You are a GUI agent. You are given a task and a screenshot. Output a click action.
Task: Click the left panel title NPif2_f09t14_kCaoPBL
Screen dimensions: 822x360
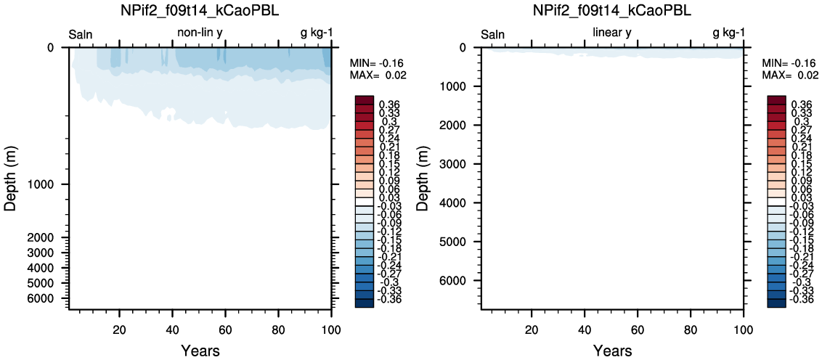pyautogui.click(x=200, y=11)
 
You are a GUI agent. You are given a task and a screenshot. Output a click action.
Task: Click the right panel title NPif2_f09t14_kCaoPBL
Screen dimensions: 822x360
pyautogui.click(x=612, y=11)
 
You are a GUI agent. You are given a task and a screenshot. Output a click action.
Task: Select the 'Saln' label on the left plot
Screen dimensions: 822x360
pyautogui.click(x=81, y=35)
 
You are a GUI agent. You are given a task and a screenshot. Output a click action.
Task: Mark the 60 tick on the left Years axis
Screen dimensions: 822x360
pyautogui.click(x=225, y=329)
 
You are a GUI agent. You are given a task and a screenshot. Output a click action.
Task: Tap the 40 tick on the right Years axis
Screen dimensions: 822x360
pyautogui.click(x=585, y=329)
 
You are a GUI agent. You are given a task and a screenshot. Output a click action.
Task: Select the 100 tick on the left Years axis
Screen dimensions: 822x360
pyautogui.click(x=331, y=329)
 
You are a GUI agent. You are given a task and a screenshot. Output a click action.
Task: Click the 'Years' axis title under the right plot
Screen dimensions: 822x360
pyautogui.click(x=612, y=349)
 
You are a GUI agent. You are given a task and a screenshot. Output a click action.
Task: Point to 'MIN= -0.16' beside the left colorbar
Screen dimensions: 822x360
pyautogui.click(x=375, y=63)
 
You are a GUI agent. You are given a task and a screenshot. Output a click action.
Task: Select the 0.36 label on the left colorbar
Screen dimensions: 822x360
pyautogui.click(x=388, y=104)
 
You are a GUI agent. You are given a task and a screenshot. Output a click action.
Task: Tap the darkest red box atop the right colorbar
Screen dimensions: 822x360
pyautogui.click(x=776, y=99)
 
